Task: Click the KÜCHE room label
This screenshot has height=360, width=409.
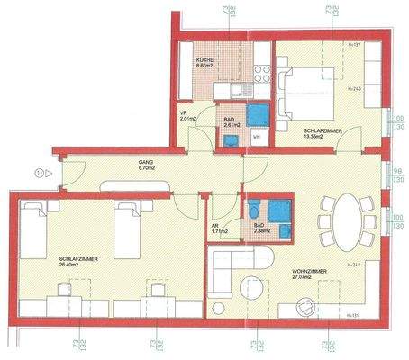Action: click(x=206, y=62)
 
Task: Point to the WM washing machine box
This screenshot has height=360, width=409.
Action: click(x=256, y=137)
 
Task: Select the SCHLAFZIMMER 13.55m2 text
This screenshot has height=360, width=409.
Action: click(x=321, y=133)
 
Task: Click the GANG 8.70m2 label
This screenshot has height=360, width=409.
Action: click(x=147, y=165)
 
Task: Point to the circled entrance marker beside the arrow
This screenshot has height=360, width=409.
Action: click(x=39, y=173)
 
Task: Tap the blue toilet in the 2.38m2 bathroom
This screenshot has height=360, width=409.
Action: click(x=285, y=230)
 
